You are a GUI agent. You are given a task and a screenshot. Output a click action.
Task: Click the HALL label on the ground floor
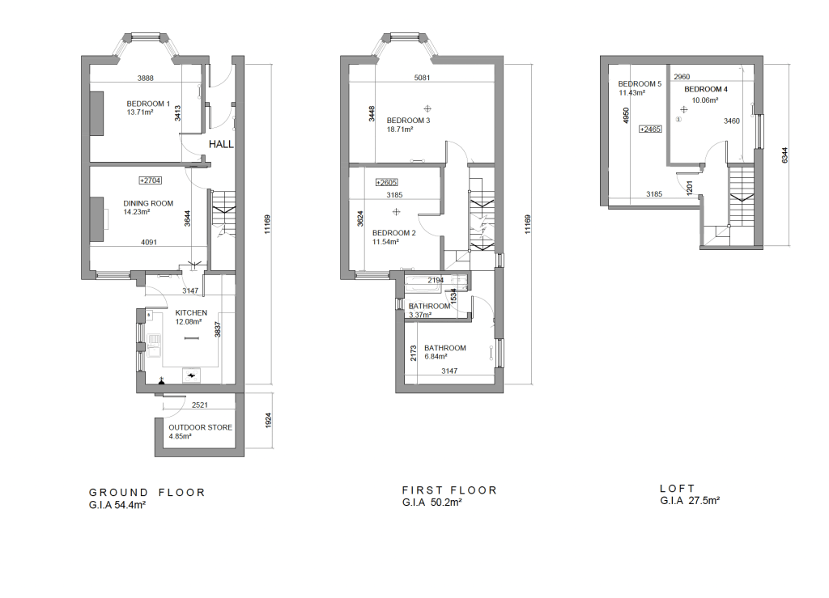click(x=221, y=144)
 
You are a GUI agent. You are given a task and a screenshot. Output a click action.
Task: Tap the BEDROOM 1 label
click(x=148, y=104)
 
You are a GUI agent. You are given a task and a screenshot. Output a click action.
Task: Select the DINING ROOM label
click(x=148, y=203)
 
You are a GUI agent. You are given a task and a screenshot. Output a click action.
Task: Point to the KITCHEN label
click(x=191, y=312)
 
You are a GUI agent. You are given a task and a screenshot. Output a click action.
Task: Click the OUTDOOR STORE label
click(x=201, y=427)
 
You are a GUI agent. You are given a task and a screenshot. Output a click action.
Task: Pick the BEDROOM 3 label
click(x=408, y=121)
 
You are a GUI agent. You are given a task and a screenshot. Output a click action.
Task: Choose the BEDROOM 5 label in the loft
click(x=640, y=84)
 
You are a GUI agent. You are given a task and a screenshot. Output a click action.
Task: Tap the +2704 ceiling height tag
click(x=150, y=180)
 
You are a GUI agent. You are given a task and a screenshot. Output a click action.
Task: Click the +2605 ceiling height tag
click(x=386, y=183)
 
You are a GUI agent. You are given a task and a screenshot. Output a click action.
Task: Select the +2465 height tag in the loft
click(x=650, y=129)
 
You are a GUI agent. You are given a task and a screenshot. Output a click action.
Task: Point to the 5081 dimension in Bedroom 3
click(x=422, y=78)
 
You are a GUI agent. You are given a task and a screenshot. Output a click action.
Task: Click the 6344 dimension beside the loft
click(x=784, y=155)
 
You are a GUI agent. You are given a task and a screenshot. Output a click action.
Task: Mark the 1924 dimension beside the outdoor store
click(x=267, y=421)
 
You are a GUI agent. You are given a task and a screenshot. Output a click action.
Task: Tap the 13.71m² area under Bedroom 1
click(x=140, y=112)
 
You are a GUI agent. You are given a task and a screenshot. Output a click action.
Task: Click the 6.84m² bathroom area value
click(x=436, y=357)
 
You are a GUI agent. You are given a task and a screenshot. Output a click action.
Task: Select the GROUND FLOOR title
click(x=147, y=492)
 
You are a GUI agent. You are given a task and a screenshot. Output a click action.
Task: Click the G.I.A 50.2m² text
click(x=432, y=503)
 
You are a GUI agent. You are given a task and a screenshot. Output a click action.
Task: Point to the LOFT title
click(x=678, y=489)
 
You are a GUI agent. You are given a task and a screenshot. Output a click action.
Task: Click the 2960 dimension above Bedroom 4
click(x=682, y=77)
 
